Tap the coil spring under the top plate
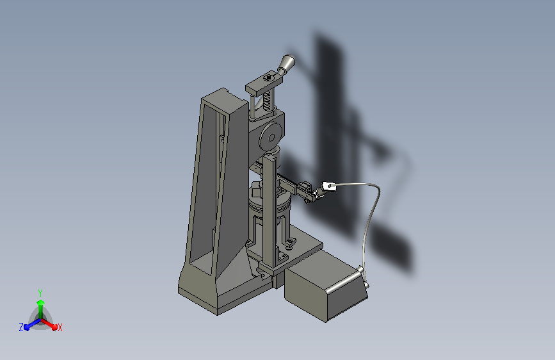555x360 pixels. click(x=267, y=100)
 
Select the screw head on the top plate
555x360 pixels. click(x=269, y=77)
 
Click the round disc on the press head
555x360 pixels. click(x=271, y=137)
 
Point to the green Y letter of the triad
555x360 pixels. click(x=40, y=293)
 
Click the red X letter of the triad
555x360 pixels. click(x=60, y=327)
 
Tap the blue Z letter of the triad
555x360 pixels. click(x=21, y=327)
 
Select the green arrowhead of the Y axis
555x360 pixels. click(x=41, y=302)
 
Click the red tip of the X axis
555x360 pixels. click(x=54, y=327)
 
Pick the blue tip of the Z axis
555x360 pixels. click(x=27, y=327)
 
